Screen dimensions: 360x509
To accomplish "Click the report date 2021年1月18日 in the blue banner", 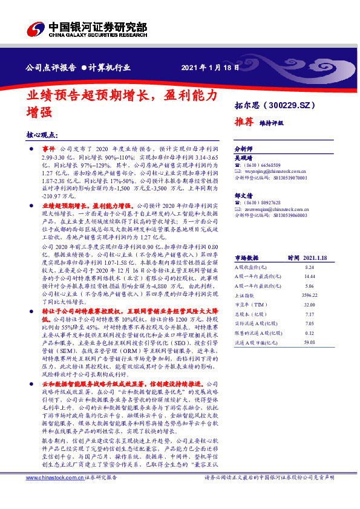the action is coord(206,67).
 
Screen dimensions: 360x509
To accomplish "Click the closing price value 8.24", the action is coord(310,267).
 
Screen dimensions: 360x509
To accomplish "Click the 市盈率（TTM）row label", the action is coord(248,305).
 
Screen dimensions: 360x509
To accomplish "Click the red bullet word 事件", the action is coord(49,148).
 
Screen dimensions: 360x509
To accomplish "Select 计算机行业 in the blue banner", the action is coord(111,67).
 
